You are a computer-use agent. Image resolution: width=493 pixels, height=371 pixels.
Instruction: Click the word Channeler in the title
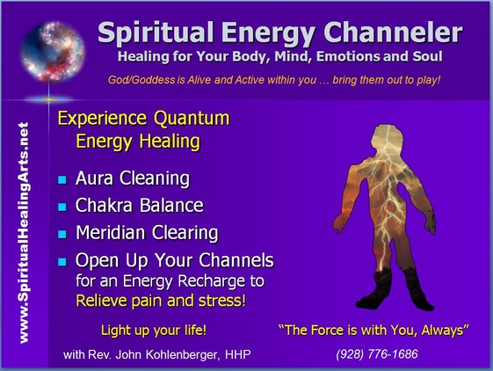[x=393, y=33]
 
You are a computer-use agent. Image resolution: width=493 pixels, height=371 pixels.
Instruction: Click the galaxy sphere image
[x=53, y=51]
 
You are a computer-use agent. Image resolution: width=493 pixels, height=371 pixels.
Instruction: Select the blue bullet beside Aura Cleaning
[x=62, y=179]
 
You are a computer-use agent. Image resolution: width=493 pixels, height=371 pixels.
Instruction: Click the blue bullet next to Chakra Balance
[x=62, y=207]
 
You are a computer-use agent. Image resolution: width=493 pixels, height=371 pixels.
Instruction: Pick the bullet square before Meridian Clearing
[x=62, y=234]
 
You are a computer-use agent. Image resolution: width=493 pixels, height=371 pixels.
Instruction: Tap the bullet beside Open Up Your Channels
[x=62, y=262]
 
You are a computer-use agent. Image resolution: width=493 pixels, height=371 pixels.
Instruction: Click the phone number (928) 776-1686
[x=377, y=354]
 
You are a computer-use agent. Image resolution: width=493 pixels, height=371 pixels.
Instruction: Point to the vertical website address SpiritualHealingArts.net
[x=24, y=233]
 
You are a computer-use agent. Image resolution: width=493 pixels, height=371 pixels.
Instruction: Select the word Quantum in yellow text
[x=192, y=119]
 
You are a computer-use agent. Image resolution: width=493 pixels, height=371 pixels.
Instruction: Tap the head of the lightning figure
[x=387, y=137]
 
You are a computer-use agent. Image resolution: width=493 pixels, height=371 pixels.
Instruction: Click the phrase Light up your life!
[x=154, y=331]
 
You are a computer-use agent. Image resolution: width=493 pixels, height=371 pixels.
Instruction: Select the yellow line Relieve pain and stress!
[x=161, y=301]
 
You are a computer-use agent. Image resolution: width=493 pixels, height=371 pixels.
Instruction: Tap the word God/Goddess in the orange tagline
[x=141, y=80]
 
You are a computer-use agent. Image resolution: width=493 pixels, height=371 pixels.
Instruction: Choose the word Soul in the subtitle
[x=428, y=56]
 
